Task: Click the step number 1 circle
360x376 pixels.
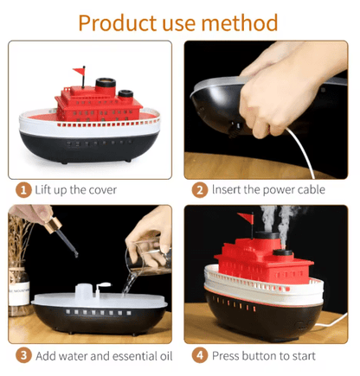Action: click(23, 188)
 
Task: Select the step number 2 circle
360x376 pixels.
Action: click(200, 188)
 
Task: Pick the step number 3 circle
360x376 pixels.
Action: click(23, 354)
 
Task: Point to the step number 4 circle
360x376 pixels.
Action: click(200, 354)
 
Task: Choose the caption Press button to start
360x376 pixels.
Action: click(266, 354)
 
